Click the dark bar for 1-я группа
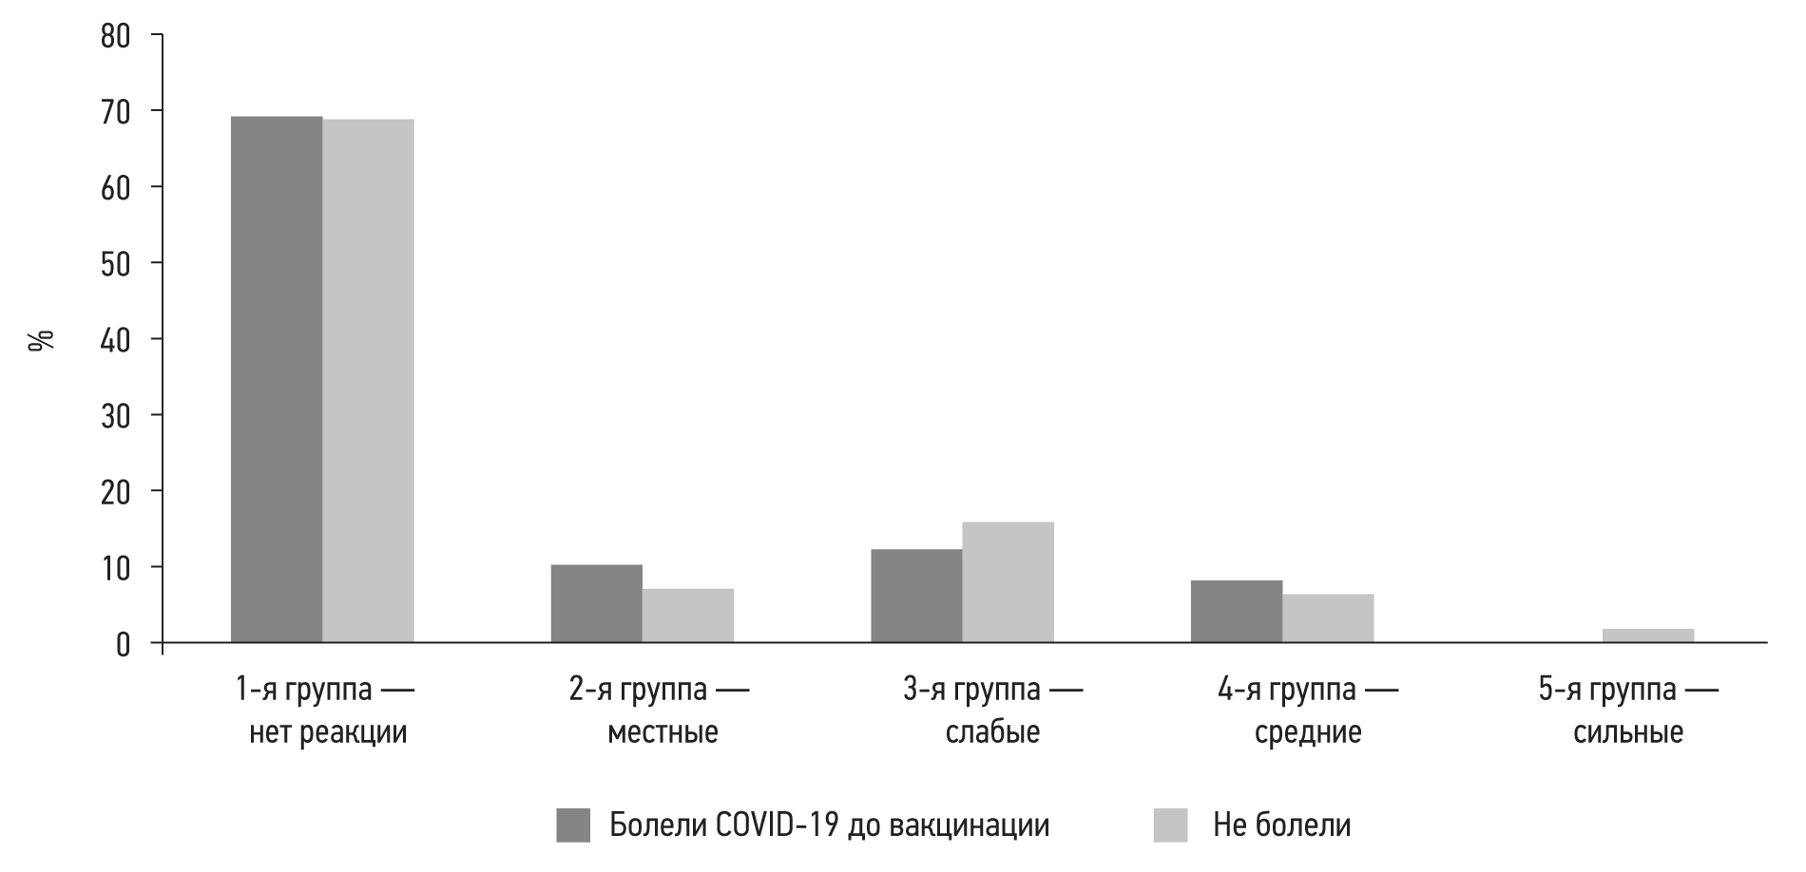[277, 380]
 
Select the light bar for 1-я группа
[368, 381]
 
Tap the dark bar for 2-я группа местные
[596, 604]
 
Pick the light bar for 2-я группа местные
[687, 616]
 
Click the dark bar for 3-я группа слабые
[916, 597]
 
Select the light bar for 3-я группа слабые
[1008, 582]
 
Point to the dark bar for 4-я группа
[1236, 612]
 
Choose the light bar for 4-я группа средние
[1328, 618]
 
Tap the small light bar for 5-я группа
[1647, 635]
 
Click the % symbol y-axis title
[42, 340]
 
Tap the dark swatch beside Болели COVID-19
[573, 825]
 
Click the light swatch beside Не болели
[1170, 825]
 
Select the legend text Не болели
[1281, 825]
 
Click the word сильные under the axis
[1628, 732]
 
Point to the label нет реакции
[328, 732]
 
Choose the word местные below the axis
[663, 732]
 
